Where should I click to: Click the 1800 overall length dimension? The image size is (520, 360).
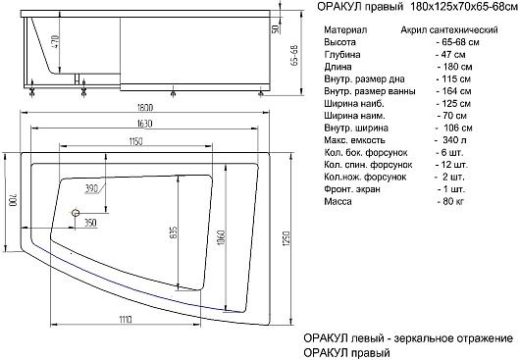(x=144, y=108)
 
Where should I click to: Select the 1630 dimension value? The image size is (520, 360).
(x=144, y=124)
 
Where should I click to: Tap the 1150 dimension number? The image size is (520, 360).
(x=135, y=141)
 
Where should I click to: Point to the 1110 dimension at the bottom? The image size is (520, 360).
(x=125, y=320)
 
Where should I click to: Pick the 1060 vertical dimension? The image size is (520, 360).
(x=222, y=237)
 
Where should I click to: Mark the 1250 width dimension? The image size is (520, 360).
(x=286, y=238)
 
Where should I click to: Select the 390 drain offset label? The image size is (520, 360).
(x=91, y=189)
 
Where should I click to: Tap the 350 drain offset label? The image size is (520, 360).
(x=90, y=223)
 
